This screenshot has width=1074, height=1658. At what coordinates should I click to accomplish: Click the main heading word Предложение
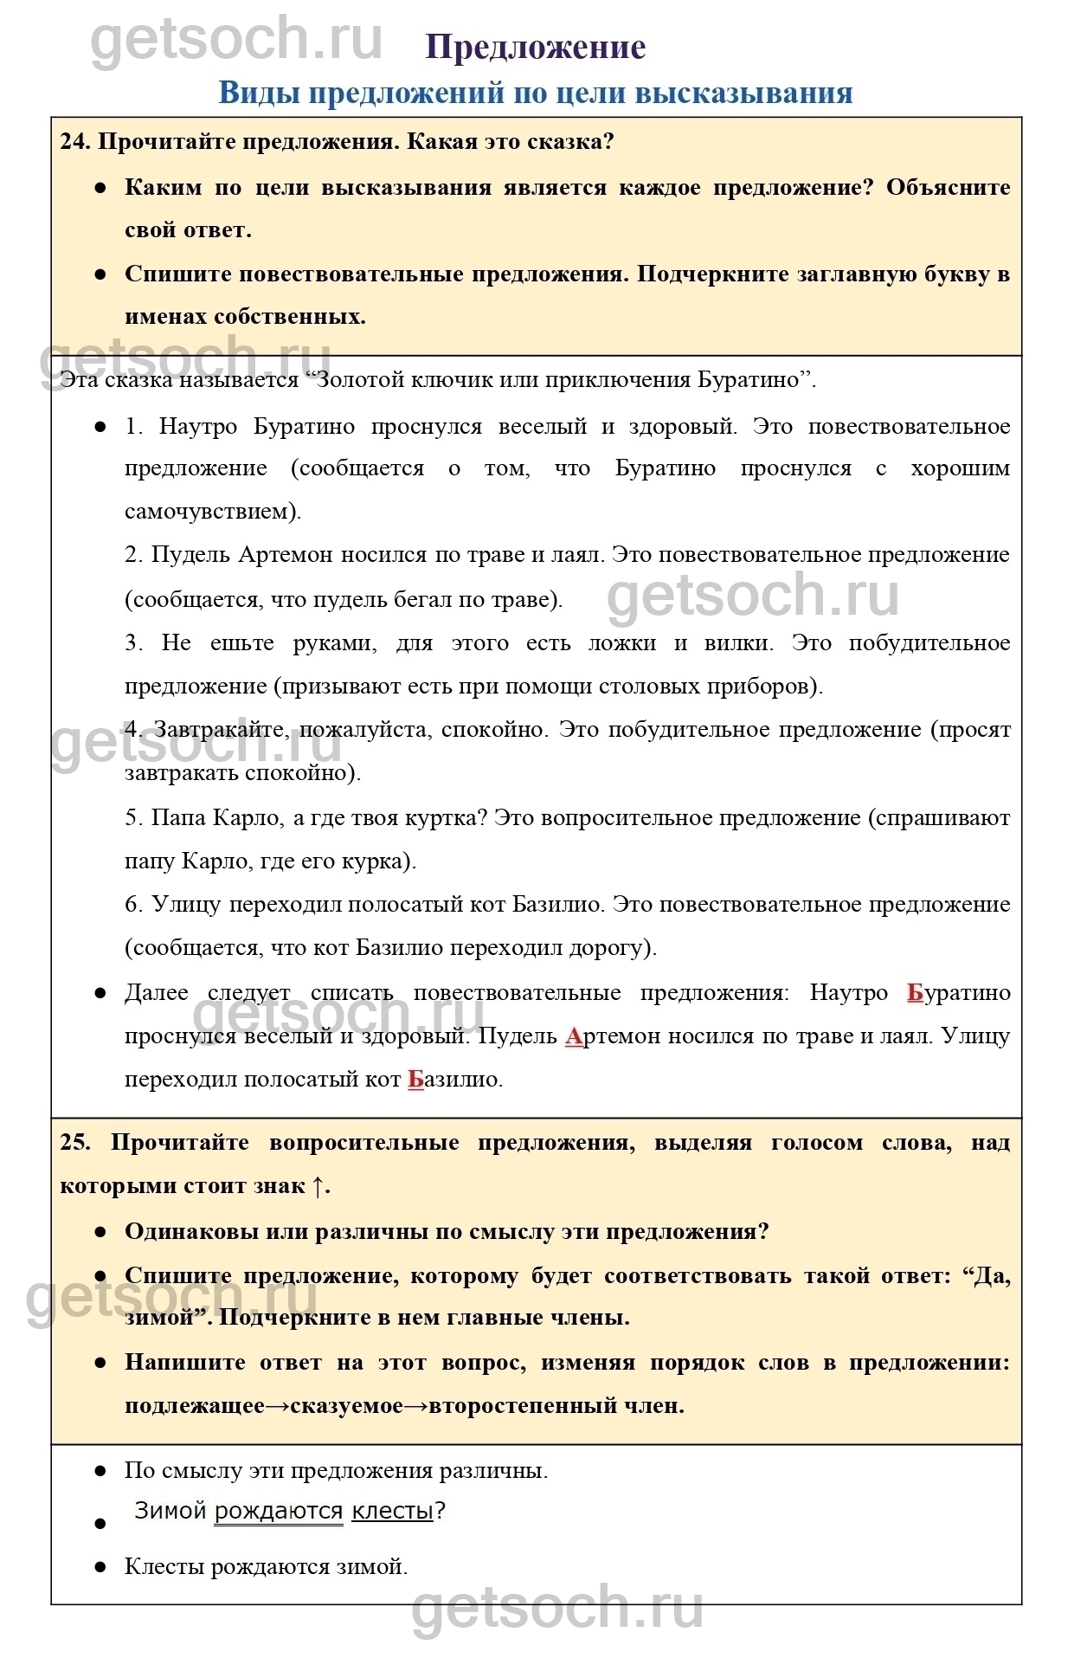tap(536, 48)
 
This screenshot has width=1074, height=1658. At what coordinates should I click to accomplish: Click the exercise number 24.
tap(74, 142)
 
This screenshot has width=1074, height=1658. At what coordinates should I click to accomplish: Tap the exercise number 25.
tap(74, 1143)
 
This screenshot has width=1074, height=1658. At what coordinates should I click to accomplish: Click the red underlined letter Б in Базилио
tap(415, 1080)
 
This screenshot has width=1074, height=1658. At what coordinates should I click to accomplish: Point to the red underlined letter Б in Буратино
tap(915, 992)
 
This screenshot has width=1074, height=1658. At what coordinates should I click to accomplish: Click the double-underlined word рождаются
tap(279, 1511)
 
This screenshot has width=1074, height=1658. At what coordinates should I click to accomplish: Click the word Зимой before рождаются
tap(170, 1511)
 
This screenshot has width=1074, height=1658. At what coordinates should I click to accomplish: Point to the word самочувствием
tap(211, 512)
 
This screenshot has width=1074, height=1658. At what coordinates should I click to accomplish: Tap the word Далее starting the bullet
tap(156, 992)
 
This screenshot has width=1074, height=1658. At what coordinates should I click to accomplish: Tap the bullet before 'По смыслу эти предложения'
tap(100, 1471)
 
